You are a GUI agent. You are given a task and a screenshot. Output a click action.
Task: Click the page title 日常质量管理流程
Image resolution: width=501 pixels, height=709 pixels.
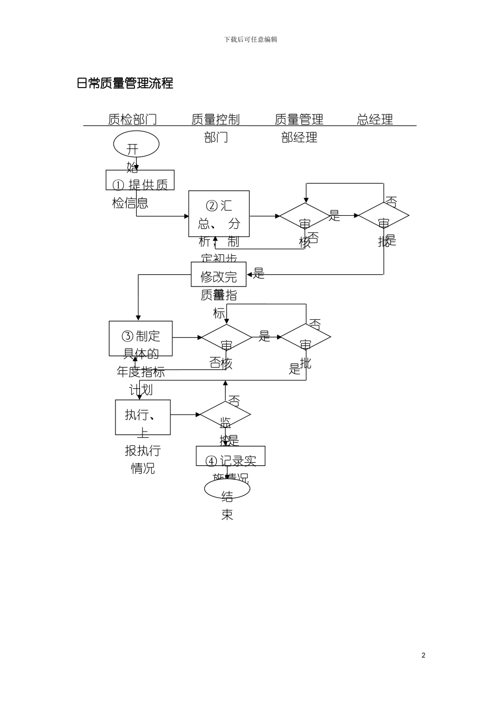[125, 83]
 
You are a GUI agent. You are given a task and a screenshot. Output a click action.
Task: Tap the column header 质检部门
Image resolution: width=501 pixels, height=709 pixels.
[132, 119]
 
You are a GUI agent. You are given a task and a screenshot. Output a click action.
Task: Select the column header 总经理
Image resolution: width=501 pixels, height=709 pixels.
[375, 119]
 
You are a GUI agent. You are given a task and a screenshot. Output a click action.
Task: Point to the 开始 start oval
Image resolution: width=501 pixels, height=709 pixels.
[136, 144]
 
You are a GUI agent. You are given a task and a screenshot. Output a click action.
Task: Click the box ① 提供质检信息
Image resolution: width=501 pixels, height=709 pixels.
[140, 180]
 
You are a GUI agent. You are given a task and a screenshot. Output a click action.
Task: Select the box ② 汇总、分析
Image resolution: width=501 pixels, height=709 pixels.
[219, 214]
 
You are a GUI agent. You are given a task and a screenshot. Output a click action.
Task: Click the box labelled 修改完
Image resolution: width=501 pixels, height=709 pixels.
[218, 274]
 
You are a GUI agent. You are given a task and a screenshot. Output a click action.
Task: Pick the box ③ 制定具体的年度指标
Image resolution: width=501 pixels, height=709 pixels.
[141, 338]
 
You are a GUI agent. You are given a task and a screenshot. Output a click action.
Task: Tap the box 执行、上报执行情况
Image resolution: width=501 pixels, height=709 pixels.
[143, 417]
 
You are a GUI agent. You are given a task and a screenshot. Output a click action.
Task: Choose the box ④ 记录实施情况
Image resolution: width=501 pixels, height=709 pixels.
[230, 456]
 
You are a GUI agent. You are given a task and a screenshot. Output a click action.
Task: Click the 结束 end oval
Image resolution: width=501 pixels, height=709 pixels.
[227, 488]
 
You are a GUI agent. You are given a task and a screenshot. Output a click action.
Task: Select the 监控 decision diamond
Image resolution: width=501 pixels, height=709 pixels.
[225, 415]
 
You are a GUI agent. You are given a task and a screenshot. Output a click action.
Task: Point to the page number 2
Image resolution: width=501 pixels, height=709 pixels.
[423, 655]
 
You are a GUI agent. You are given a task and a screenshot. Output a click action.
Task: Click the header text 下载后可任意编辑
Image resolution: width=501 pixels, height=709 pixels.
[250, 40]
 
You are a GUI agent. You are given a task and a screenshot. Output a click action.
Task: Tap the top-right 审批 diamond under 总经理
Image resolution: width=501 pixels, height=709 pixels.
[383, 215]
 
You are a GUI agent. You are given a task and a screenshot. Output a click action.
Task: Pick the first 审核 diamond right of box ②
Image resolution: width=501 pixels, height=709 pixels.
[304, 216]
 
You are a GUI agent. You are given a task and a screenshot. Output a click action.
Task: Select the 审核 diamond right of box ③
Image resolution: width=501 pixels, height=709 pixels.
[226, 337]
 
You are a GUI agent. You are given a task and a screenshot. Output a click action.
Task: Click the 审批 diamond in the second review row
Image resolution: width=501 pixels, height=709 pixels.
[305, 337]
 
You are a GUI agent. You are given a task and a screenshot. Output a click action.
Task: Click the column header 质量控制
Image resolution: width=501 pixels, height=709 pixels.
[215, 119]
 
